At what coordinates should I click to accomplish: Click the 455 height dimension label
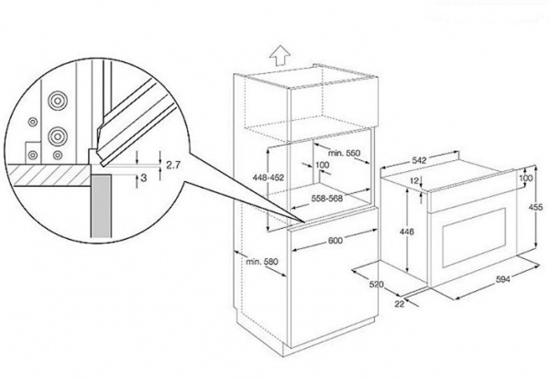click(x=536, y=207)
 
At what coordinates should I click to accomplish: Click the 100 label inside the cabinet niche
click(x=322, y=167)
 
